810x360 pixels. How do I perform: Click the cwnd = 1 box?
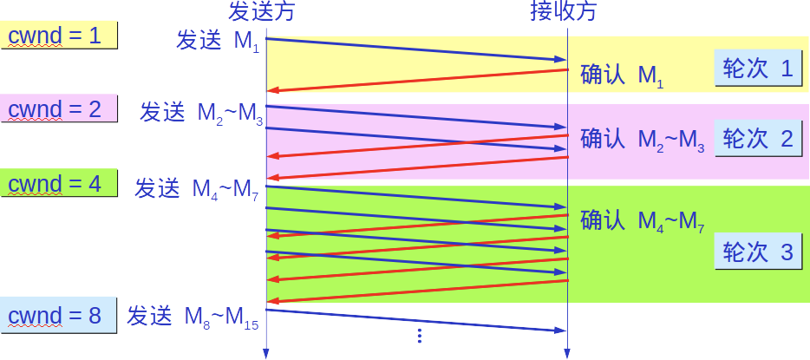coord(59,36)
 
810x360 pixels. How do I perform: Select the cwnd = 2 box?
coord(59,109)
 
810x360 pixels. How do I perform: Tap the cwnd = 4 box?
coord(59,184)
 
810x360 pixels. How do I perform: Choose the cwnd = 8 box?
coord(59,316)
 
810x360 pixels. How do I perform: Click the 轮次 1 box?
coord(757,69)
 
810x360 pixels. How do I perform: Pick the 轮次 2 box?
coord(757,139)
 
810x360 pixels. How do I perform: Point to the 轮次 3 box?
coord(757,252)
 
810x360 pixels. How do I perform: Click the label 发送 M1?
coord(217,42)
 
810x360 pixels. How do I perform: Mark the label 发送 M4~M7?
coord(197,189)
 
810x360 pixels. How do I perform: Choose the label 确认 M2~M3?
coord(643,140)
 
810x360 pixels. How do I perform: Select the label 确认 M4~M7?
coord(643,222)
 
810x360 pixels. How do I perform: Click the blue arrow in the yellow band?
coord(416,49)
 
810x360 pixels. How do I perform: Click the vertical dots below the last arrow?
coord(419,335)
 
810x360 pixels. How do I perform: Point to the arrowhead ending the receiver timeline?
coord(567,353)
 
